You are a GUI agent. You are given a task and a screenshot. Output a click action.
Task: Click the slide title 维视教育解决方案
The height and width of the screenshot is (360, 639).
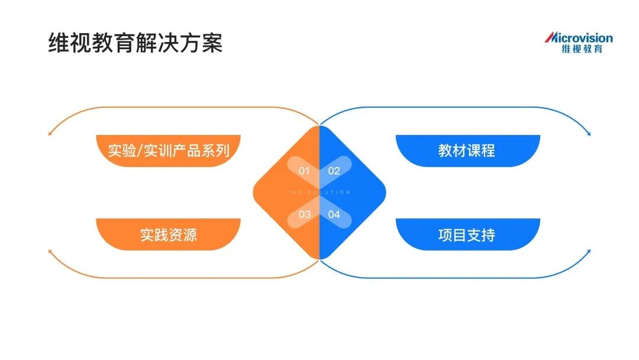point(135,43)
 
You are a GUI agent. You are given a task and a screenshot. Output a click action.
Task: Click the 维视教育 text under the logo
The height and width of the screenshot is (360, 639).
point(582,50)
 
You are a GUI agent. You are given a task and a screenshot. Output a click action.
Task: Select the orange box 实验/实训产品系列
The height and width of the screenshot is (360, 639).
point(169,150)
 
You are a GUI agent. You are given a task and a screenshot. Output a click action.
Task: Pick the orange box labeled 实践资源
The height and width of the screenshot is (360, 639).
point(169,235)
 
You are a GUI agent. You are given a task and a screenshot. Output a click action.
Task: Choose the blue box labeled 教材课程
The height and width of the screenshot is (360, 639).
point(467,150)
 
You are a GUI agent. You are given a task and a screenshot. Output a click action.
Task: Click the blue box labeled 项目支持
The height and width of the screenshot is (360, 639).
point(467,235)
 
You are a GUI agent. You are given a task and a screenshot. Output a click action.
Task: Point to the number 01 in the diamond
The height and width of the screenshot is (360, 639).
point(304,171)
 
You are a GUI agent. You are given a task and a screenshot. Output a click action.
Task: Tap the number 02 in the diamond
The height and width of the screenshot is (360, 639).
point(334,171)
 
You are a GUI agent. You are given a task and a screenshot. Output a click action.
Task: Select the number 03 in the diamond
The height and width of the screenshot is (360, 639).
point(304,214)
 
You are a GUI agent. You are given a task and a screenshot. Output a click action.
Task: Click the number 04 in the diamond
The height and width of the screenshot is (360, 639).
point(334,214)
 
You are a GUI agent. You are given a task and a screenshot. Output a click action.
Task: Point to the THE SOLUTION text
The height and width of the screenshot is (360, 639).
point(319,192)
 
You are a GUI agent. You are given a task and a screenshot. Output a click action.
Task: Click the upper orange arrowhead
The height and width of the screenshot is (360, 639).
point(49,133)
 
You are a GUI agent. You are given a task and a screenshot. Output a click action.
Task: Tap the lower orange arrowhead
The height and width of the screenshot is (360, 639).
point(49,252)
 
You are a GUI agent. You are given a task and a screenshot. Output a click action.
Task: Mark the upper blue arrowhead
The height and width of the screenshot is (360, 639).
point(589,133)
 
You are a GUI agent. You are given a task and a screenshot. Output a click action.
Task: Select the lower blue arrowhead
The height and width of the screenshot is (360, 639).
point(589,252)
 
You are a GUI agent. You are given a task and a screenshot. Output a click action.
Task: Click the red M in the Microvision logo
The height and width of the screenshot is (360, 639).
point(550,38)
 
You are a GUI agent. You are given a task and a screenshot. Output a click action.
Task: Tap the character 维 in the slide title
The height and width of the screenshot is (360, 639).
point(57,43)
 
